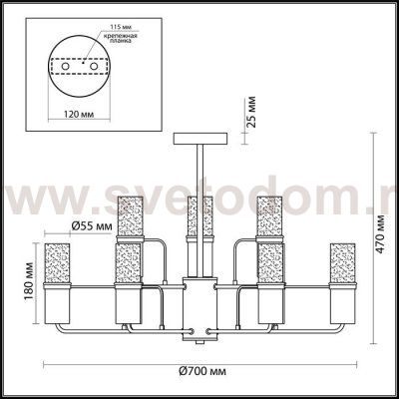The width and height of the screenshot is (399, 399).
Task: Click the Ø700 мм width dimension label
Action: coord(202,371)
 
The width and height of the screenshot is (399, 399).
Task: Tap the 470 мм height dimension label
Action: coord(380,234)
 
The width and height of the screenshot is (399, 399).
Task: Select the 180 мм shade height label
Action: coord(29,281)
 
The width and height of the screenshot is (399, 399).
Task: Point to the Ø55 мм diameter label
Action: coord(92,226)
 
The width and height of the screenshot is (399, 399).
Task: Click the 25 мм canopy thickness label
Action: coord(251,112)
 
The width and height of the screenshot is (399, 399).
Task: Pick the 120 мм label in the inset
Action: coord(79,114)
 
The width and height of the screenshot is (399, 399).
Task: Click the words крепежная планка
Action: coord(119,38)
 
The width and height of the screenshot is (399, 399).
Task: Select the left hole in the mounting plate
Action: coord(65,67)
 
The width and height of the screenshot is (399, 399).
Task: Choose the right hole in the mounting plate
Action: coord(94,67)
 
